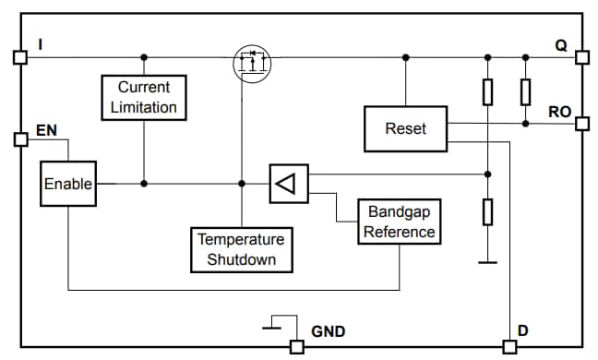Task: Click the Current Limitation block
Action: tap(143, 97)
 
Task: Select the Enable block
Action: tap(68, 184)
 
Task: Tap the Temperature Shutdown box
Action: tap(241, 249)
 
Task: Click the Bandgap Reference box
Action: tap(399, 222)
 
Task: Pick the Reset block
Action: tap(405, 127)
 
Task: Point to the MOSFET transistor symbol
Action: tap(251, 62)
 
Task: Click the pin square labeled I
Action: tap(19, 57)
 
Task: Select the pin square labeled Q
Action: tap(581, 57)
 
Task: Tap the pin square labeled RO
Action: tap(581, 123)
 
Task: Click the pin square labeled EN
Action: tap(19, 139)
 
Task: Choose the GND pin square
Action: tap(296, 347)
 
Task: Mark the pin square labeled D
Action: tap(508, 347)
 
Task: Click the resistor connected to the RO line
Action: tap(525, 91)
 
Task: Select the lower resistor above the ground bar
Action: tap(487, 211)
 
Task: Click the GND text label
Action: tap(329, 330)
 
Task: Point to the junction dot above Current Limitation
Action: tap(143, 57)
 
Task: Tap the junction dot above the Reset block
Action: tap(405, 57)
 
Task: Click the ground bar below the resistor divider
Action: tap(487, 263)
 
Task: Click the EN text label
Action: tap(45, 130)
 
